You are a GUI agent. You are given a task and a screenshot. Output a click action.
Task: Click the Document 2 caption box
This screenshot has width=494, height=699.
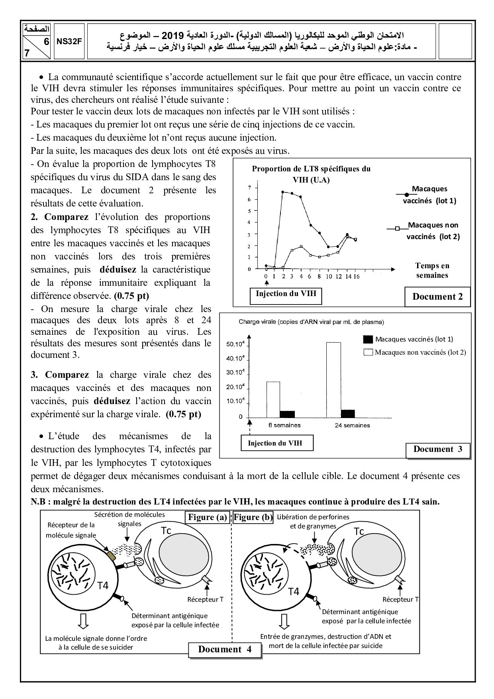pos(437,296)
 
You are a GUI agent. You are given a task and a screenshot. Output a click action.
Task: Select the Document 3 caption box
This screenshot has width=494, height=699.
pos(437,450)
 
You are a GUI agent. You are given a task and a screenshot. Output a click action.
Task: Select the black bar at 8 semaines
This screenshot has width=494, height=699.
pos(287,414)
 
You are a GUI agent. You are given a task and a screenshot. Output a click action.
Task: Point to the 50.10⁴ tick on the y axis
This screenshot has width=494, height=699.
pos(235,344)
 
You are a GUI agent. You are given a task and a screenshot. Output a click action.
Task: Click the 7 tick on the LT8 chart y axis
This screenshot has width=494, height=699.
pos(249,188)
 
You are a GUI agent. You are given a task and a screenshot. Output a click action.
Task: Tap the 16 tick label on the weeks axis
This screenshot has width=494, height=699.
pos(356,276)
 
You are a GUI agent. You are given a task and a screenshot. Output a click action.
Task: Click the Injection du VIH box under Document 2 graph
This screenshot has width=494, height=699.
pos(286,294)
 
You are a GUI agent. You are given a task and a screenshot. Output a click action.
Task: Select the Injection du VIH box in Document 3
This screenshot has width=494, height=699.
pos(275,443)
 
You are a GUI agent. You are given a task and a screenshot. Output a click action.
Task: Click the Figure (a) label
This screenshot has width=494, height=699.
pos(207,517)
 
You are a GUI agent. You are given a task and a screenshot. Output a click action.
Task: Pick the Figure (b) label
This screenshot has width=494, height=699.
pos(253,517)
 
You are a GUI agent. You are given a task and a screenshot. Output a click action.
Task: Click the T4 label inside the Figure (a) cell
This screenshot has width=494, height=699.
pos(104,585)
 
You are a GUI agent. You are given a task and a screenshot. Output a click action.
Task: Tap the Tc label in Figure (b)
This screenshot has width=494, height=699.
pos(359,531)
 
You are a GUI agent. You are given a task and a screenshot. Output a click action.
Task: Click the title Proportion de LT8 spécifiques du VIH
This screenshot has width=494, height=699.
pos(311,174)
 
